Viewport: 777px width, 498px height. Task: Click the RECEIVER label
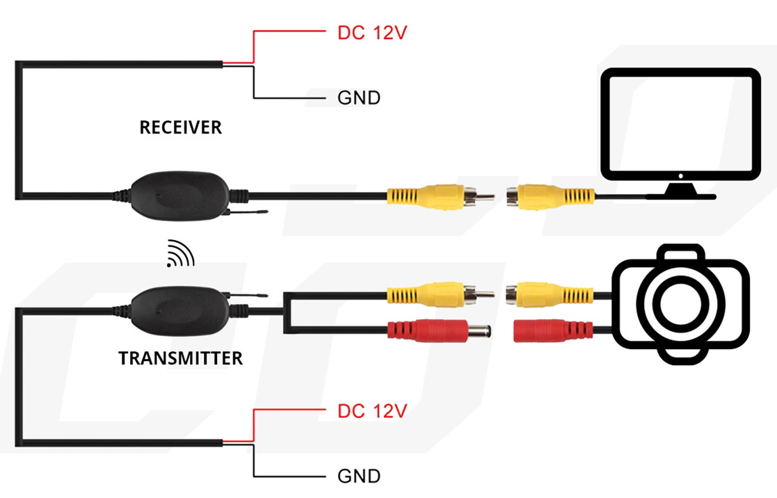(180, 127)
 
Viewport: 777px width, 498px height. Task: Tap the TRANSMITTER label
(180, 358)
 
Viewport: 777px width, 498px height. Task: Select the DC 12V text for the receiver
(371, 33)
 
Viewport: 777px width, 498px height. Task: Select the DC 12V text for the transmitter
(371, 411)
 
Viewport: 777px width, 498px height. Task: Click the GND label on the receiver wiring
(359, 98)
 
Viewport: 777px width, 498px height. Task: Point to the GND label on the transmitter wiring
(359, 476)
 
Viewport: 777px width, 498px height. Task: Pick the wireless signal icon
(179, 255)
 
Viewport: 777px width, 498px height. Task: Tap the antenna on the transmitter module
(250, 296)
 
